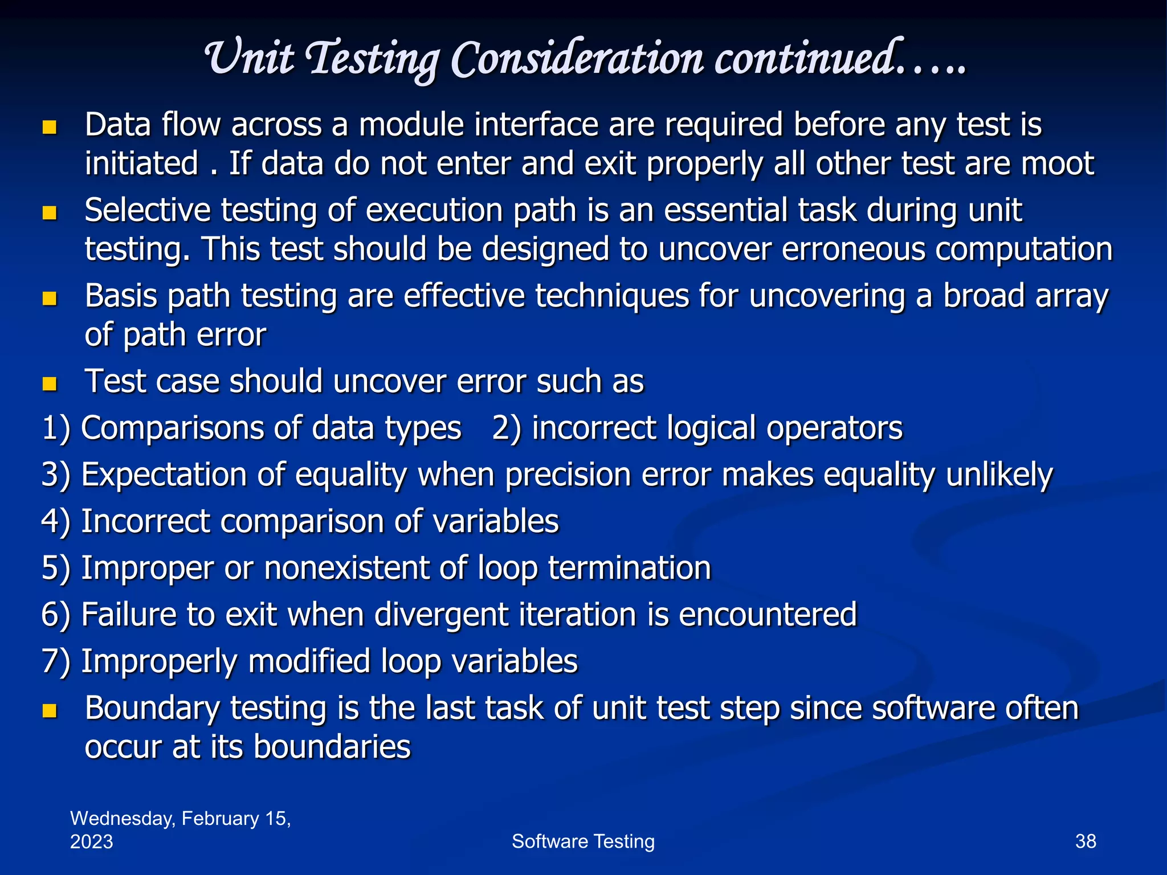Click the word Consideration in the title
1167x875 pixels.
577,59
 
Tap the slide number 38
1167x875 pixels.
1086,841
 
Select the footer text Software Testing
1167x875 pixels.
583,841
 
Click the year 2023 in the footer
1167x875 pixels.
91,842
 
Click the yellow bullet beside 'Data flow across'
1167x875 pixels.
50,126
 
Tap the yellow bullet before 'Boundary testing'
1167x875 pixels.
50,710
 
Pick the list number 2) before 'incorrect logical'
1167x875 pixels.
507,428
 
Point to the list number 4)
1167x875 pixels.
56,522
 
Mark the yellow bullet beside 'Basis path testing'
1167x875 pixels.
50,298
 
